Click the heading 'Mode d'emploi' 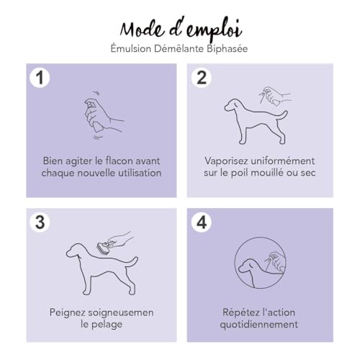[180, 28]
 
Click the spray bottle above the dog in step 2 [271, 95]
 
